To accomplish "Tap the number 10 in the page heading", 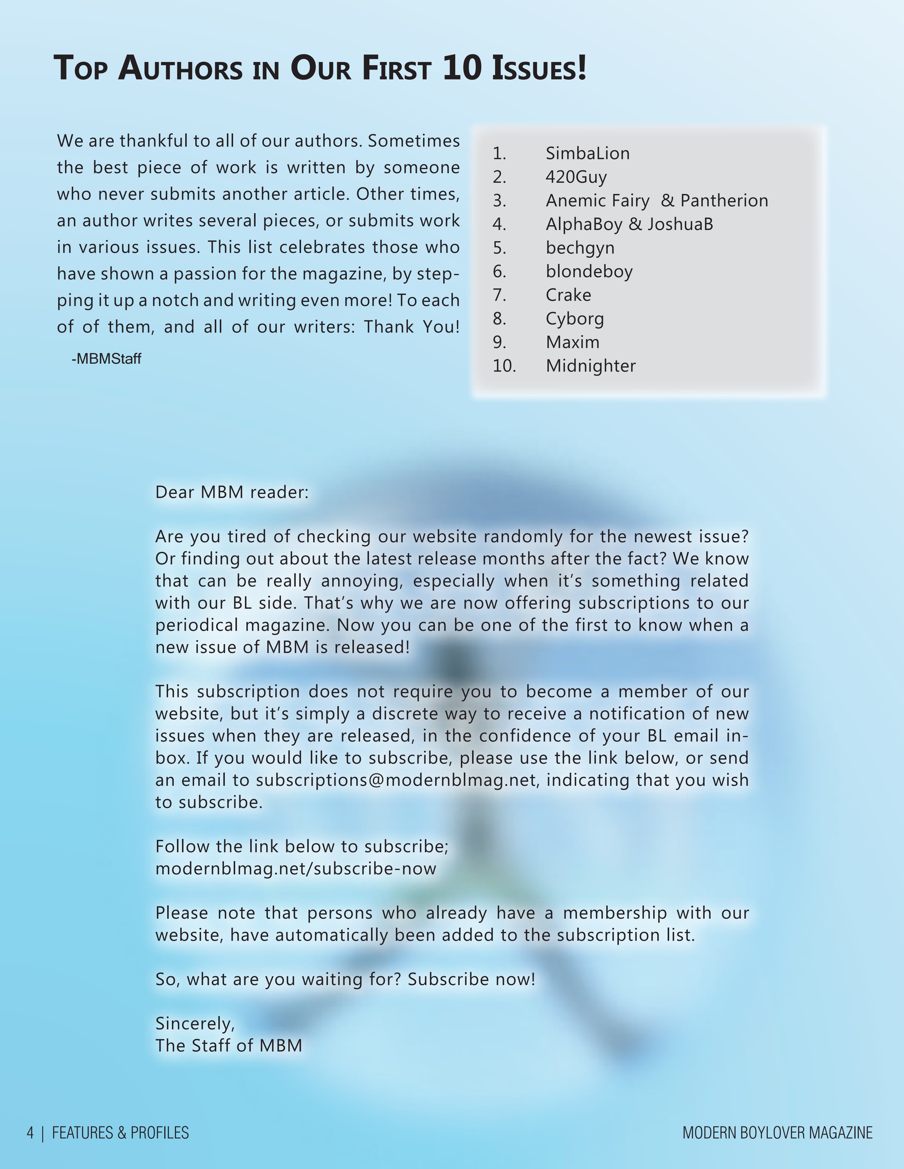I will pos(462,69).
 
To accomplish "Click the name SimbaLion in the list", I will pos(588,154).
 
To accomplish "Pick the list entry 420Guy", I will pos(576,177).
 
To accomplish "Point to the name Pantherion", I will pos(724,201).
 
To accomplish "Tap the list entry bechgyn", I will pos(580,248).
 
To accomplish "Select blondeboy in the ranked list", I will pos(589,271).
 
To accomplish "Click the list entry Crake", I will pos(568,295).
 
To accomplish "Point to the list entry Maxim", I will pos(573,342).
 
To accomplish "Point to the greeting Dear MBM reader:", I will pos(232,492).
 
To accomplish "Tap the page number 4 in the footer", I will pos(30,1133).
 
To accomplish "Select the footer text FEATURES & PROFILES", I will pos(121,1133).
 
